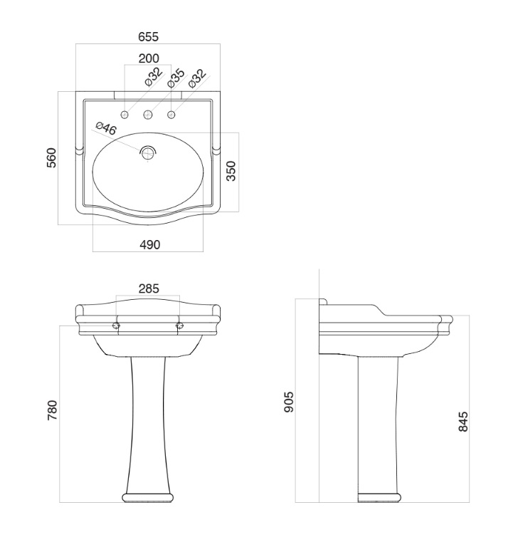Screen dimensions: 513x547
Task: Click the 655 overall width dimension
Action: (149, 36)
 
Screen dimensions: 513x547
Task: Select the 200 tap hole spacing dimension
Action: (149, 58)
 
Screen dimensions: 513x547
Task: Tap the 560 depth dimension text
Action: (51, 157)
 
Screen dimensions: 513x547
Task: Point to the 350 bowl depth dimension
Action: (231, 171)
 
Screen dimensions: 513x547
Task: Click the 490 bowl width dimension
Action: (150, 245)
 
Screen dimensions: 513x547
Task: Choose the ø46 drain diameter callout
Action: (106, 128)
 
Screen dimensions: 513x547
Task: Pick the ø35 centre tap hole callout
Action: (176, 78)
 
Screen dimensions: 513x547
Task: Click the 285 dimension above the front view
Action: (149, 289)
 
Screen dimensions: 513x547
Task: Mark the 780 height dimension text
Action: (52, 410)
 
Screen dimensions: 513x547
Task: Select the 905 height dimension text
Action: (290, 402)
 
